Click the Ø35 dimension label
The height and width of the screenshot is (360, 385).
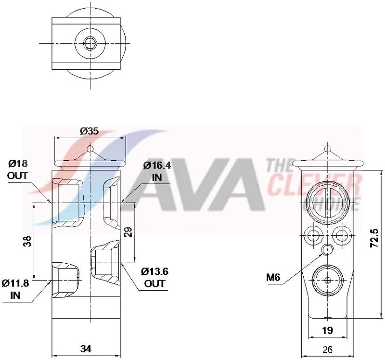tap(89, 131)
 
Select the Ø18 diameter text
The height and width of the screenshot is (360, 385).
tap(18, 163)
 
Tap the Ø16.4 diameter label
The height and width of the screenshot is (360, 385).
tap(157, 166)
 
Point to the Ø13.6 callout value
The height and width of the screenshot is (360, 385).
tap(154, 271)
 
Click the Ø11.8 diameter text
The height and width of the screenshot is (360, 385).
tap(15, 283)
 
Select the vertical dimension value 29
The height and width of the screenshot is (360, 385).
tap(128, 232)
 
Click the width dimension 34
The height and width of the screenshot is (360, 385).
tap(86, 349)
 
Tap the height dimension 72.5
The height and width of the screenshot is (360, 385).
tap(374, 238)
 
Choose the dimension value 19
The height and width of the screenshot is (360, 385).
tap(327, 331)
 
